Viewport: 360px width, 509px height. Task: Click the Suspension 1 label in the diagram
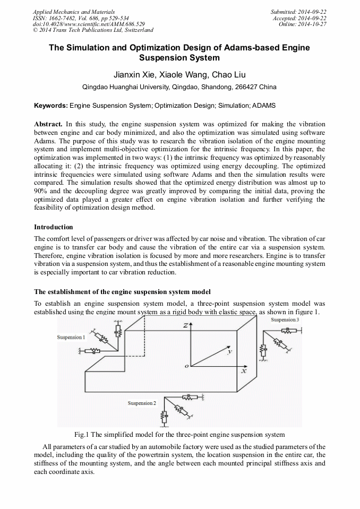pos(70,338)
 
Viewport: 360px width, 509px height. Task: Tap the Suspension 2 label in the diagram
pos(142,403)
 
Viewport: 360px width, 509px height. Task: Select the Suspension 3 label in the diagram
pos(285,320)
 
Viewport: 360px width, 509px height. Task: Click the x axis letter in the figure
pos(244,372)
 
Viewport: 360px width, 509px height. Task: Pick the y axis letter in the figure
pos(229,351)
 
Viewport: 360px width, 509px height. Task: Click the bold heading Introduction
pos(54,227)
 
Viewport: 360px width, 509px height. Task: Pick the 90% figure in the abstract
pos(40,191)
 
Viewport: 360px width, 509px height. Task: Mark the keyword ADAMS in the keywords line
pos(264,106)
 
